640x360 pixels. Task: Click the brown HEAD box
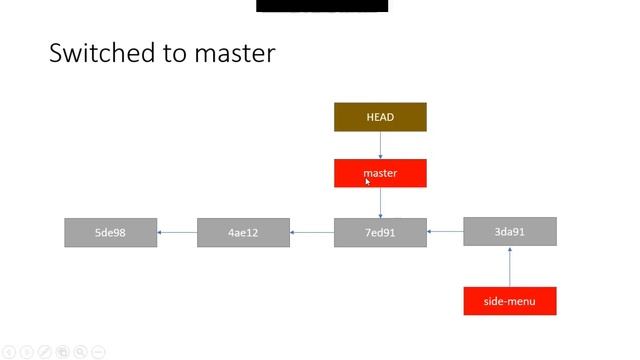(x=380, y=117)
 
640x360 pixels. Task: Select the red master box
(x=380, y=173)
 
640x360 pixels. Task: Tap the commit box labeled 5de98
(x=110, y=233)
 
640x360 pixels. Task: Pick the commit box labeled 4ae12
(x=243, y=233)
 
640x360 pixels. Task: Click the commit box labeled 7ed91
(x=380, y=233)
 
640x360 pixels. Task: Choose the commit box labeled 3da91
(x=509, y=232)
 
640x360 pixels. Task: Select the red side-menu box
(x=509, y=301)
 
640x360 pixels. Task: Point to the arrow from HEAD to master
(x=380, y=145)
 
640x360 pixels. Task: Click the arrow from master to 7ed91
(x=380, y=203)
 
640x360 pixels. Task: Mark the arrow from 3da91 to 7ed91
(x=445, y=232)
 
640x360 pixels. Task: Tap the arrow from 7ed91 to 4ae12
(x=312, y=233)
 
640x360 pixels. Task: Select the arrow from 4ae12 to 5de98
(x=177, y=233)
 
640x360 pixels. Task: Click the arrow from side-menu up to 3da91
(x=509, y=266)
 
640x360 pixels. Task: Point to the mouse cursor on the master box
(x=368, y=181)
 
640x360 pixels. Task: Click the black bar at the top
(x=322, y=5)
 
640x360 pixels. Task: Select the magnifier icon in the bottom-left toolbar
(x=81, y=352)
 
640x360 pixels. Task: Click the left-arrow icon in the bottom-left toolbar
(x=9, y=352)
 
